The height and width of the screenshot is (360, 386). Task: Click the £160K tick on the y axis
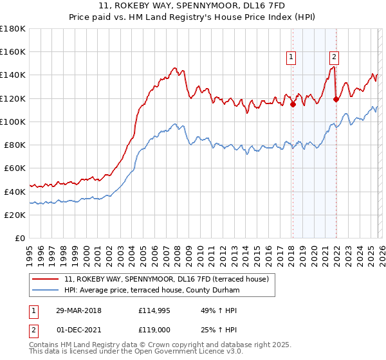click(13, 51)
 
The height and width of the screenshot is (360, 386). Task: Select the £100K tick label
click(13, 122)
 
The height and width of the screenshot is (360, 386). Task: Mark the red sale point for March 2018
click(293, 104)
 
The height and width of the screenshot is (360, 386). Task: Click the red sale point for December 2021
click(335, 99)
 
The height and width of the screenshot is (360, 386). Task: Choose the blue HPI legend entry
click(152, 291)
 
